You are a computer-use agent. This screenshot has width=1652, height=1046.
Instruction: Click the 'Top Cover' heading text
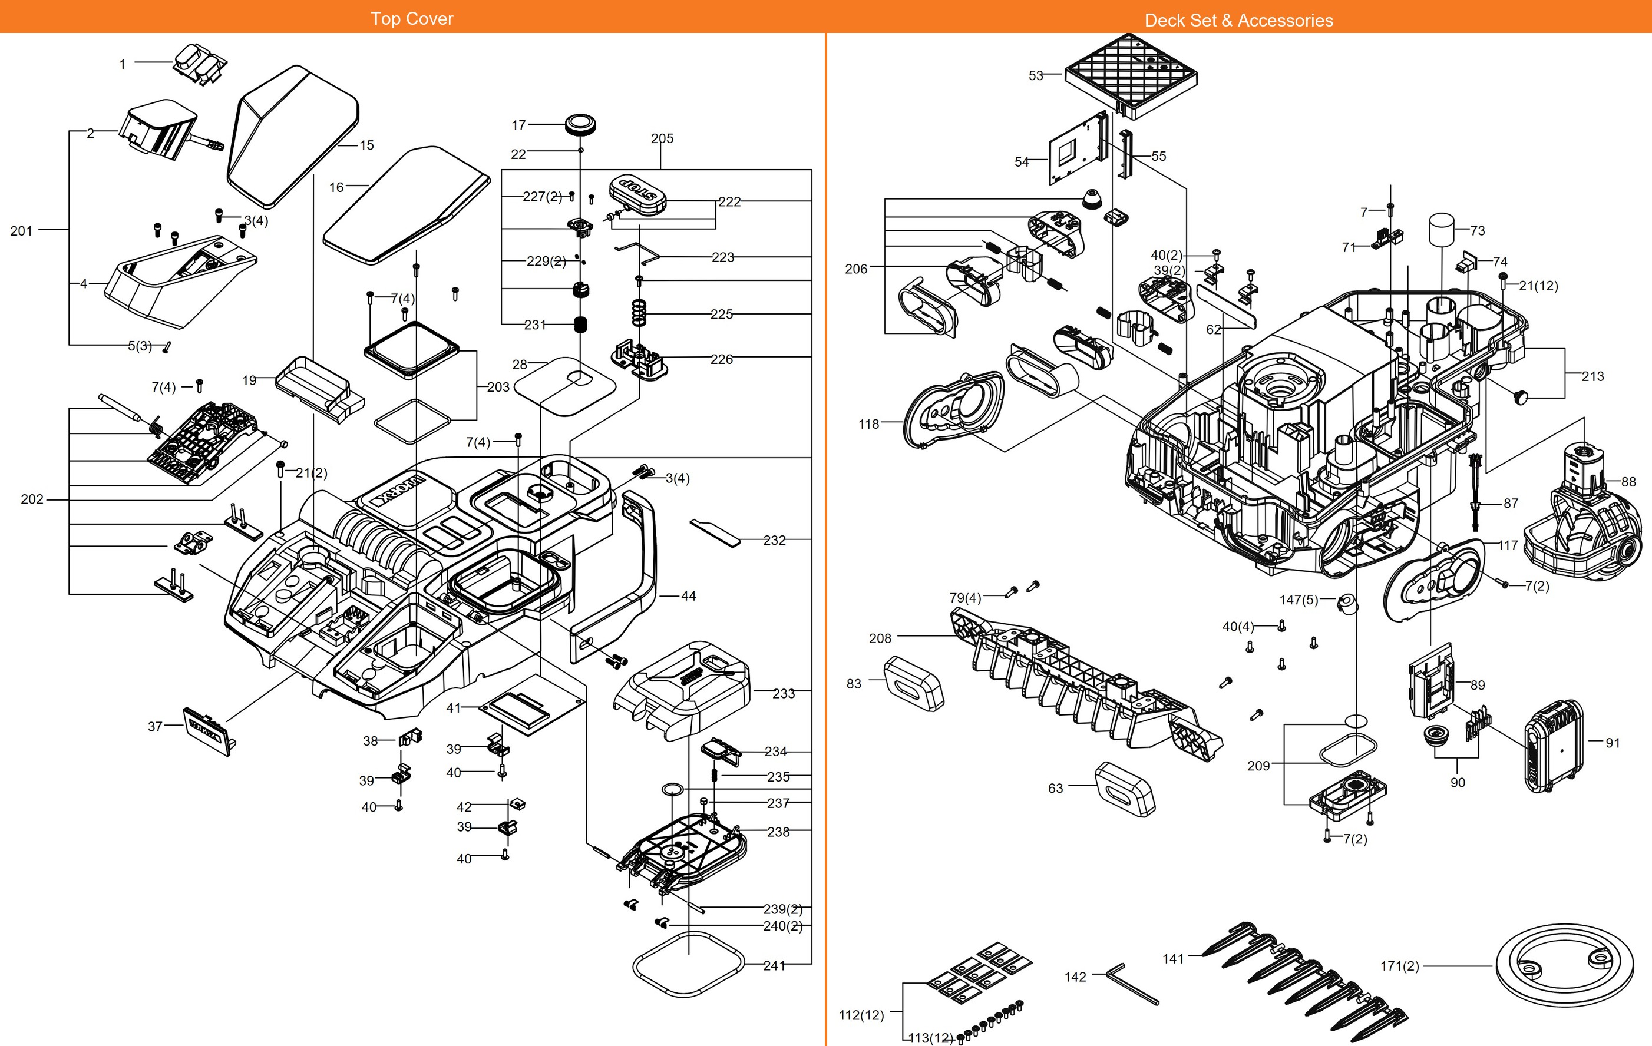point(412,18)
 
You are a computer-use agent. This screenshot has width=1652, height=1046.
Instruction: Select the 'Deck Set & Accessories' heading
point(1238,20)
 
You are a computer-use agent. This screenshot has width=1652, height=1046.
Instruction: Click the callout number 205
point(662,138)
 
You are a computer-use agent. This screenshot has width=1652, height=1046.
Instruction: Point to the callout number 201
point(21,231)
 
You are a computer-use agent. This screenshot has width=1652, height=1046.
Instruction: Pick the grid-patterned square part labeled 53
point(1132,75)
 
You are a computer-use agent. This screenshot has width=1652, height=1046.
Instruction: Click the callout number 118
point(868,424)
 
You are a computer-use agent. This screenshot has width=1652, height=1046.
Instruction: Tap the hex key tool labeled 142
point(1132,984)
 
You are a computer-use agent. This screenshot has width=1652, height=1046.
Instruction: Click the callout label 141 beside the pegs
point(1173,959)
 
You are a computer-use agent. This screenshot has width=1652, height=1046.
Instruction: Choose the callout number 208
point(880,638)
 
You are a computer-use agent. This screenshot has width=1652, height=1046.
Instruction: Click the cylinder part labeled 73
point(1442,229)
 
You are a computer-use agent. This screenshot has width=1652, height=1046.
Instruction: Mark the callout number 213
point(1593,376)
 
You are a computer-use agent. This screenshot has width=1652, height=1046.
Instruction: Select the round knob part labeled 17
point(580,125)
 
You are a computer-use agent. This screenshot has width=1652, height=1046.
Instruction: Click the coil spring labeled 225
point(639,313)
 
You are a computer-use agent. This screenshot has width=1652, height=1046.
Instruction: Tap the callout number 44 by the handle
point(688,596)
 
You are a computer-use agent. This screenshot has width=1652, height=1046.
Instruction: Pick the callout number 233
point(784,693)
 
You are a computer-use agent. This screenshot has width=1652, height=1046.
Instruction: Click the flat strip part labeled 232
point(716,532)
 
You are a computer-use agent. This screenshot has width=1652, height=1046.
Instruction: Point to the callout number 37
point(155,726)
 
